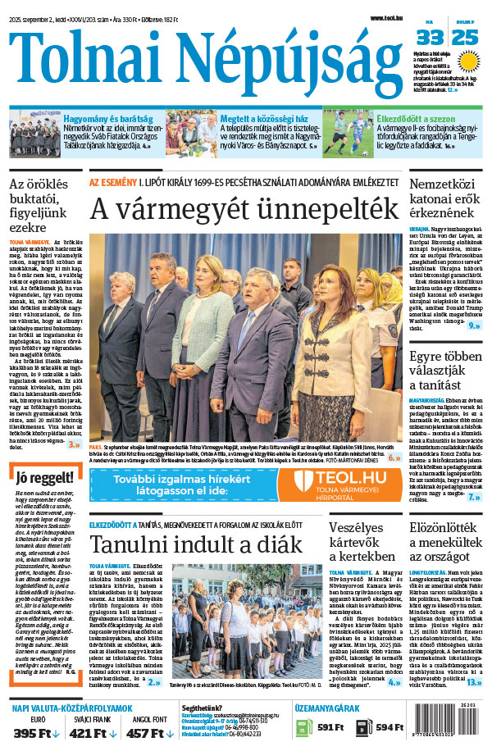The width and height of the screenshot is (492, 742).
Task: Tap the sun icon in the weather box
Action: tap(468, 61)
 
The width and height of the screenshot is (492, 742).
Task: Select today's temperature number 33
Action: tap(430, 37)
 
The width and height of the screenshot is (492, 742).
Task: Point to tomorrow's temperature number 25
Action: tap(465, 37)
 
